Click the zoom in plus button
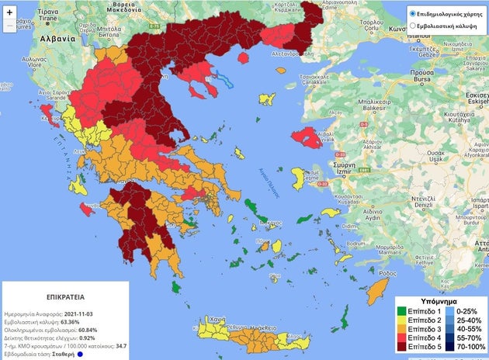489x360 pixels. (x=9, y=13)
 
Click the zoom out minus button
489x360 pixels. (x=9, y=26)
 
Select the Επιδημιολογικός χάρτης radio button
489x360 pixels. (x=414, y=13)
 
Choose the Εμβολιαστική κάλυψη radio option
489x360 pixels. (x=414, y=26)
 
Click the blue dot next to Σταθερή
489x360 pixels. (x=79, y=355)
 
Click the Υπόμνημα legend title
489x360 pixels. (x=437, y=299)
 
